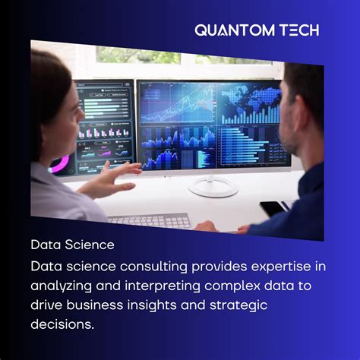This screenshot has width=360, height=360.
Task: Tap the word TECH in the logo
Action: point(297,30)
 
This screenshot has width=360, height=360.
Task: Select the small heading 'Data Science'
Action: point(72,245)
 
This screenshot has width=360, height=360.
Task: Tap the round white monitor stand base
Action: point(213,188)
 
